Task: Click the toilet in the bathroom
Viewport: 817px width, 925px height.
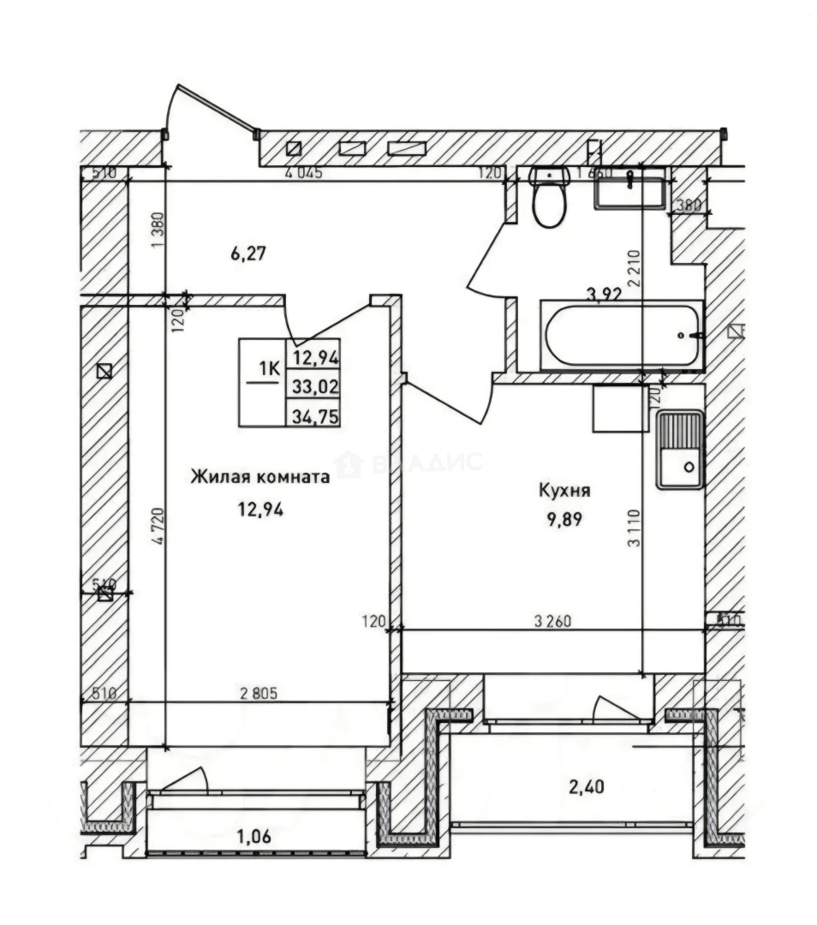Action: [548, 198]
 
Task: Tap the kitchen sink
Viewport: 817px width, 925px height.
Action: [680, 450]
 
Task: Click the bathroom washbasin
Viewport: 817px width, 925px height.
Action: [630, 189]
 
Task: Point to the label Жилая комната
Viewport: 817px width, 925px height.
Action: [259, 477]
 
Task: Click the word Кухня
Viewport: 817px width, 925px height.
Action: [564, 491]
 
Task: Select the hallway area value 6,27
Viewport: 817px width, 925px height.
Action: [224, 253]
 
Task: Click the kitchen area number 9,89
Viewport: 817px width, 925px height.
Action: [564, 518]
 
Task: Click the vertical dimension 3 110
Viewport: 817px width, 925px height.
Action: [633, 528]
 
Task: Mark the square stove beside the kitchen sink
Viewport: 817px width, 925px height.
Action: [620, 409]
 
